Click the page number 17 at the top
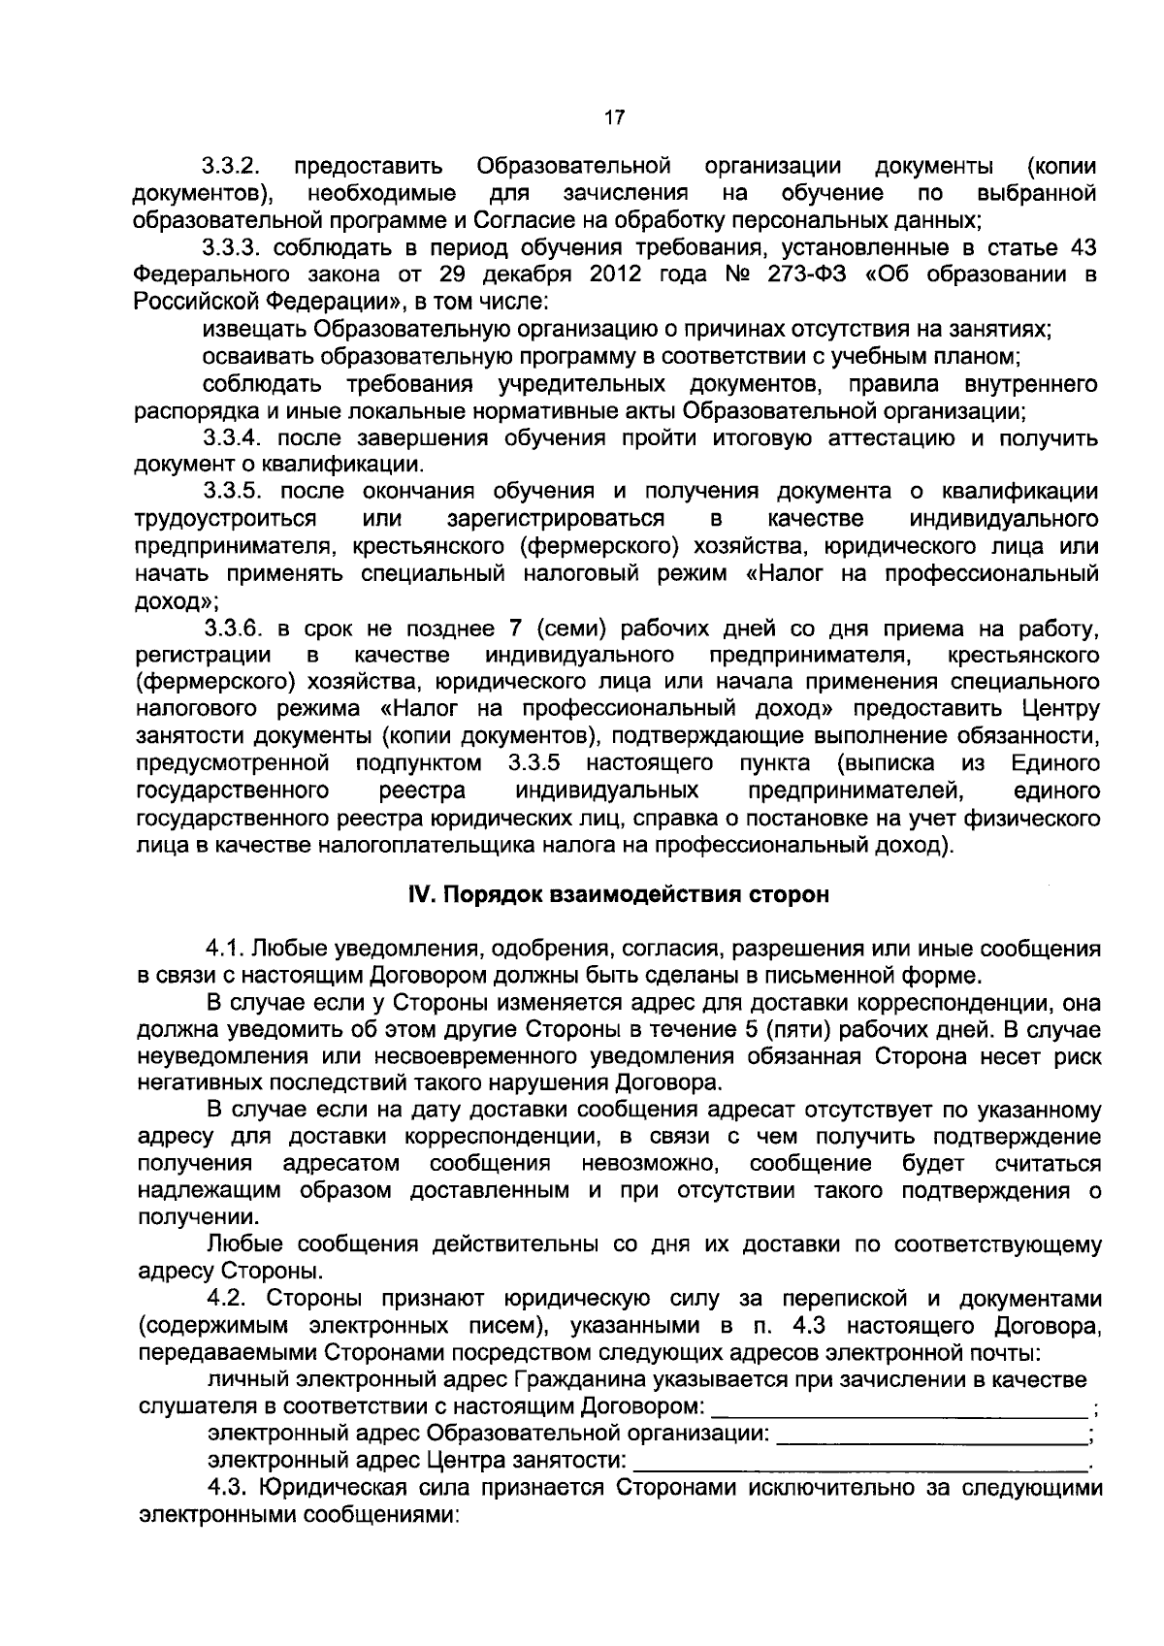click(x=614, y=119)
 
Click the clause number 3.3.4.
click(x=234, y=437)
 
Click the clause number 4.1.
click(x=224, y=947)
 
